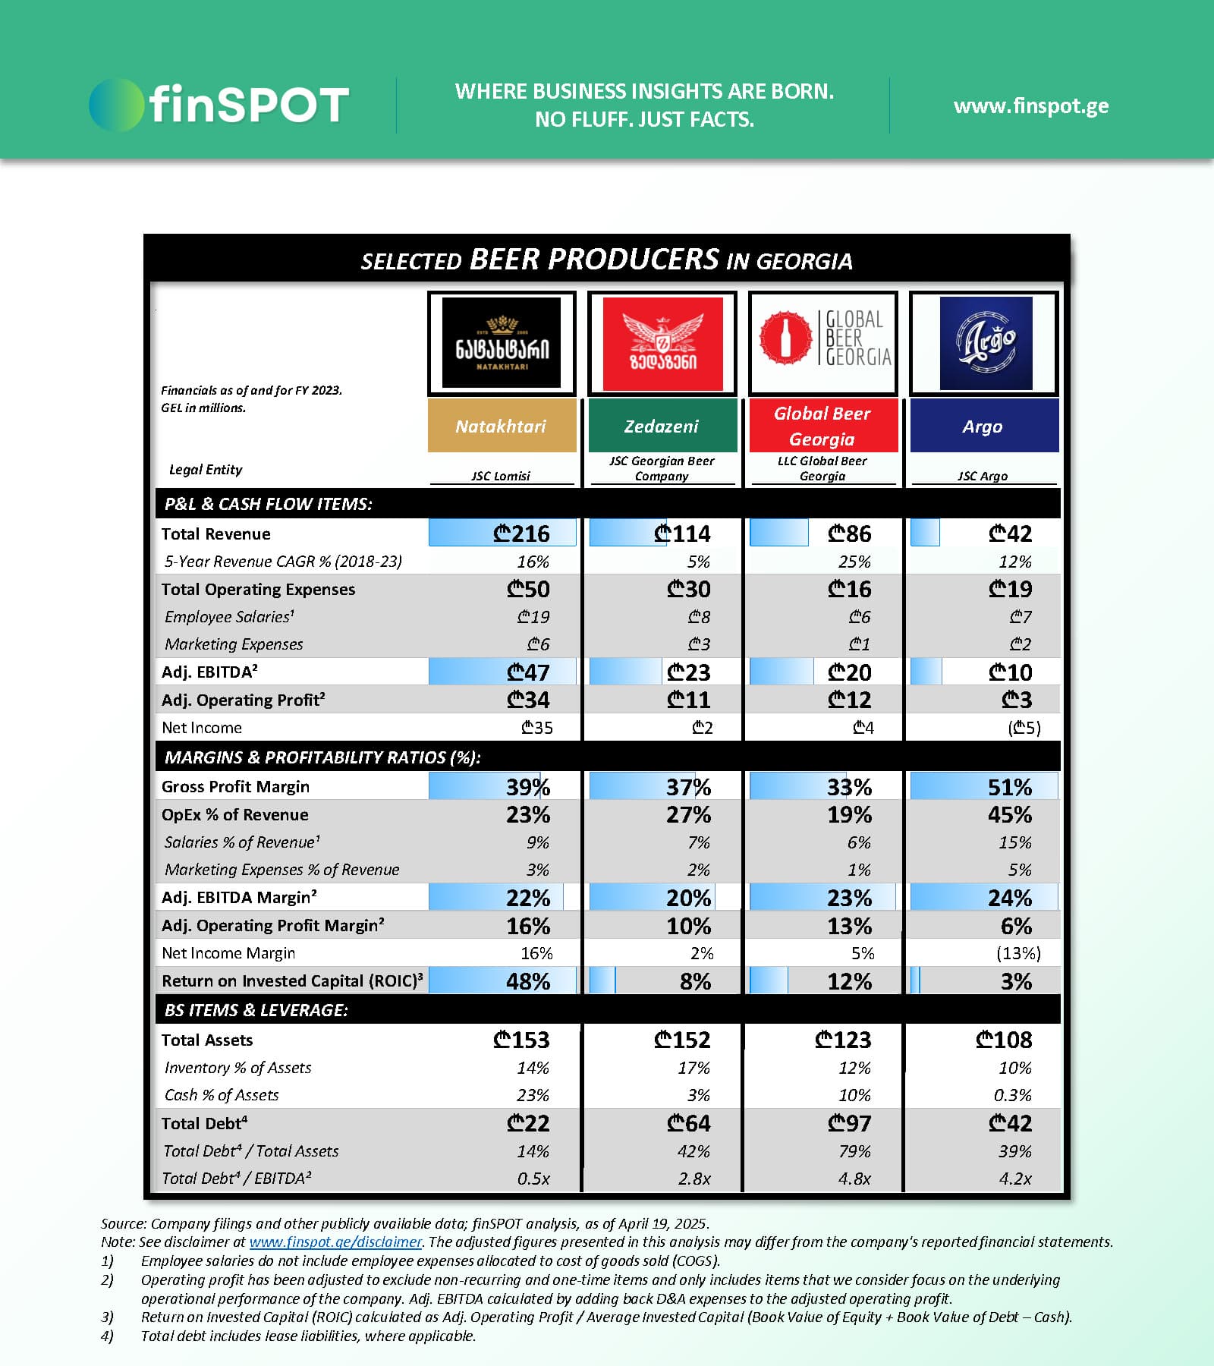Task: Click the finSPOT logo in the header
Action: click(x=219, y=105)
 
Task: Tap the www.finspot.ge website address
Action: click(x=1030, y=105)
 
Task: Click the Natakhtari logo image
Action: click(x=502, y=343)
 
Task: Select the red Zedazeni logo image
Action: click(x=662, y=344)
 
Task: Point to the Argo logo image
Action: click(x=985, y=343)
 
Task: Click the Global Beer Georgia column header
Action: click(x=823, y=426)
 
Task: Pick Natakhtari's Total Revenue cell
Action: click(x=521, y=533)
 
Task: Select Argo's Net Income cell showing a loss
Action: click(x=1024, y=728)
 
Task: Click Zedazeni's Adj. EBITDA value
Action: click(x=688, y=672)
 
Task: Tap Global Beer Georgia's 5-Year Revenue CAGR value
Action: click(x=854, y=562)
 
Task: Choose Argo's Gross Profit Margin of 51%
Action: click(x=1009, y=787)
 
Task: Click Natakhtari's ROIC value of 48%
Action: click(x=528, y=981)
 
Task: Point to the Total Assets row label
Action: click(x=207, y=1040)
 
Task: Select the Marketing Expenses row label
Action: click(x=234, y=644)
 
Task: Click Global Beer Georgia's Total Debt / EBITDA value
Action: click(x=854, y=1179)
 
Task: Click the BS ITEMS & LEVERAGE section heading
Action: click(x=256, y=1010)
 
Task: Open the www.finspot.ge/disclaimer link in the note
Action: click(x=335, y=1242)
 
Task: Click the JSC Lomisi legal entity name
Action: click(x=501, y=476)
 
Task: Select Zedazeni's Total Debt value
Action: click(x=688, y=1123)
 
